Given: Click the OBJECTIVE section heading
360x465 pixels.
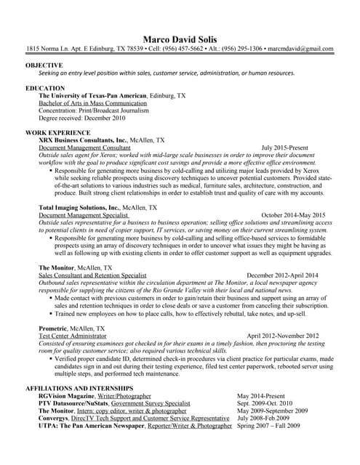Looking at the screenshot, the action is click(x=44, y=65).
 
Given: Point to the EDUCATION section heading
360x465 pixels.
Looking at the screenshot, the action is click(x=45, y=88).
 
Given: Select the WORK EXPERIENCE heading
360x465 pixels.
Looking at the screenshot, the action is click(x=58, y=132).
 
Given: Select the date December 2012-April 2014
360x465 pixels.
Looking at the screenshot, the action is click(x=282, y=276).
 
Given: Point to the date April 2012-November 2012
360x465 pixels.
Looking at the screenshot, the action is click(x=283, y=336).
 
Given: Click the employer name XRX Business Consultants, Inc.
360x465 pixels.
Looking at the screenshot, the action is click(x=83, y=139).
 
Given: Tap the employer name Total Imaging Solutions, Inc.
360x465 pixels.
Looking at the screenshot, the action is click(x=80, y=208).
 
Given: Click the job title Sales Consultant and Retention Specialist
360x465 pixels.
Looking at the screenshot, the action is click(x=92, y=276).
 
